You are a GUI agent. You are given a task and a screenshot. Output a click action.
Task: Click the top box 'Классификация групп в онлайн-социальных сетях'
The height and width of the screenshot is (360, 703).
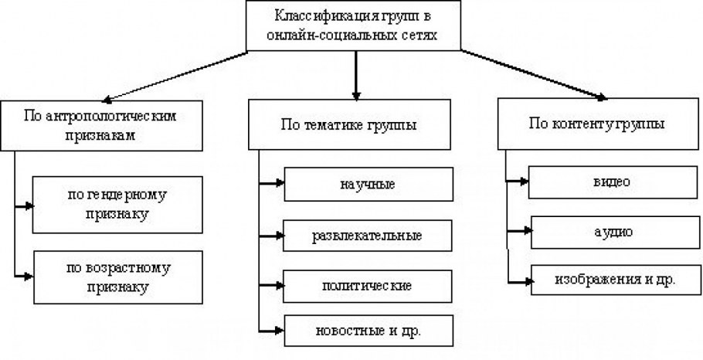355,25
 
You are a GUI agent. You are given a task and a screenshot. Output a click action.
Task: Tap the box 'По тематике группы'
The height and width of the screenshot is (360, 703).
354,124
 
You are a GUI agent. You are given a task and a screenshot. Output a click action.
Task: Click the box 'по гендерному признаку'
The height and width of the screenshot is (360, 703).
116,204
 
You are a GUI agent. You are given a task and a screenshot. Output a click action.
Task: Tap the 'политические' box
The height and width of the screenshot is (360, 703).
367,284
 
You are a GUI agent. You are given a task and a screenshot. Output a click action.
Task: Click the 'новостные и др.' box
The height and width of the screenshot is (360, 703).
367,330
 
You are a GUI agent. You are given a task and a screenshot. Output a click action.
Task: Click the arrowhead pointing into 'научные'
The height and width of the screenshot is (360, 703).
279,185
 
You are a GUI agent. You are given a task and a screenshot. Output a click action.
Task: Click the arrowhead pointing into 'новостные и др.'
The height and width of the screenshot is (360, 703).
279,330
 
